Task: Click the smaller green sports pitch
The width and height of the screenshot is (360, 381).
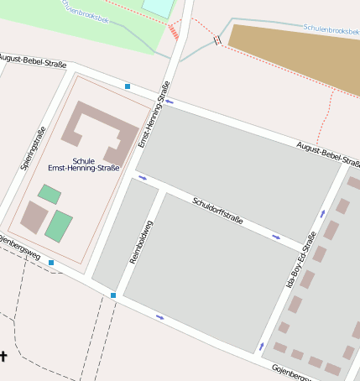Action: coord(50,195)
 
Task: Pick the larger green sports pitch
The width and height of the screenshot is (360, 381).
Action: coord(59,226)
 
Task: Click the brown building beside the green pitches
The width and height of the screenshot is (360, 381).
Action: coord(34,217)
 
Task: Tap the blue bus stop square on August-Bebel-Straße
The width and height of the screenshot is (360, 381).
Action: coord(128,86)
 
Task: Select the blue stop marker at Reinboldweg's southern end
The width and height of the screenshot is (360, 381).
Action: coord(113,295)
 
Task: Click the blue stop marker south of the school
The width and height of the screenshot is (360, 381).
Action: coord(51,263)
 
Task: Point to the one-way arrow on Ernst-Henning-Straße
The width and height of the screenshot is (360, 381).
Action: coord(170,102)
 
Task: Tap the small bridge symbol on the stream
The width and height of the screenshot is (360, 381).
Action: coord(218,39)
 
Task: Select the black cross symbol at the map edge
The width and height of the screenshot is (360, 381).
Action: coord(3,356)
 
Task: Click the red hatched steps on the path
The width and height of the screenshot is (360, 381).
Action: coord(174,31)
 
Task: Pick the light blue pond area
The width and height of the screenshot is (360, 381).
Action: coord(158,7)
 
